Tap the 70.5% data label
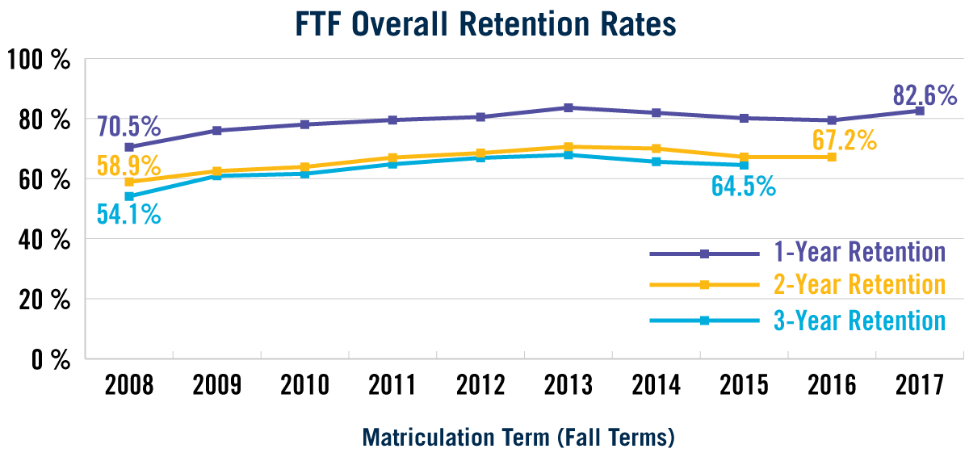[129, 128]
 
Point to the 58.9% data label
[128, 166]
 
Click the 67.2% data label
[844, 140]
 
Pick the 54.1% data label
[128, 215]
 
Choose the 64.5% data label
[743, 187]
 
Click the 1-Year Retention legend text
[859, 252]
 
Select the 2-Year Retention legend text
[859, 285]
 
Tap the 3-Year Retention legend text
[859, 321]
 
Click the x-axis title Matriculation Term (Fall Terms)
[518, 438]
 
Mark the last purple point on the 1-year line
[919, 111]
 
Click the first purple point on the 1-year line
[129, 147]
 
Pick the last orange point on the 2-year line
[832, 156]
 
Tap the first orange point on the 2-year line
[129, 182]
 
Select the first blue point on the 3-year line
[129, 196]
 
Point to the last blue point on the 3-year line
[744, 165]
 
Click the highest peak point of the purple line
[568, 107]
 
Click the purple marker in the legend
[704, 254]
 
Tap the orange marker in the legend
[704, 285]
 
